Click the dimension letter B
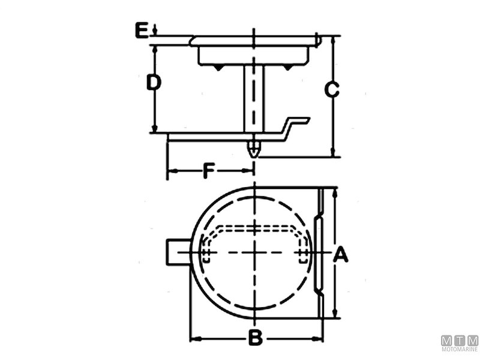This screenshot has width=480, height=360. pos(256,338)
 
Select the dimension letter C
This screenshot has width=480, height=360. pos(332,89)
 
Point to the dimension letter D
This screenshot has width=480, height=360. pos(154,82)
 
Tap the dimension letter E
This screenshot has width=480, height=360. pos(141,30)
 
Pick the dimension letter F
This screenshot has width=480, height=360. pos(208,171)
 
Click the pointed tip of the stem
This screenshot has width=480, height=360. pos(255,155)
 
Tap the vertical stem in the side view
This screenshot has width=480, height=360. pos(254,96)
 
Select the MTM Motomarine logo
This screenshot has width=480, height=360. pos(460,343)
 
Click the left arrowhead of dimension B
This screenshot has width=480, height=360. pos(193,338)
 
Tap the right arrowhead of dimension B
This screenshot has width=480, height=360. pos(319,338)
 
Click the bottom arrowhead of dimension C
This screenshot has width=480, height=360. pos(334,154)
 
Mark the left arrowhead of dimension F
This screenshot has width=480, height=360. pos(170,172)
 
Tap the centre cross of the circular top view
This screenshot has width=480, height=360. pos(256,253)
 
